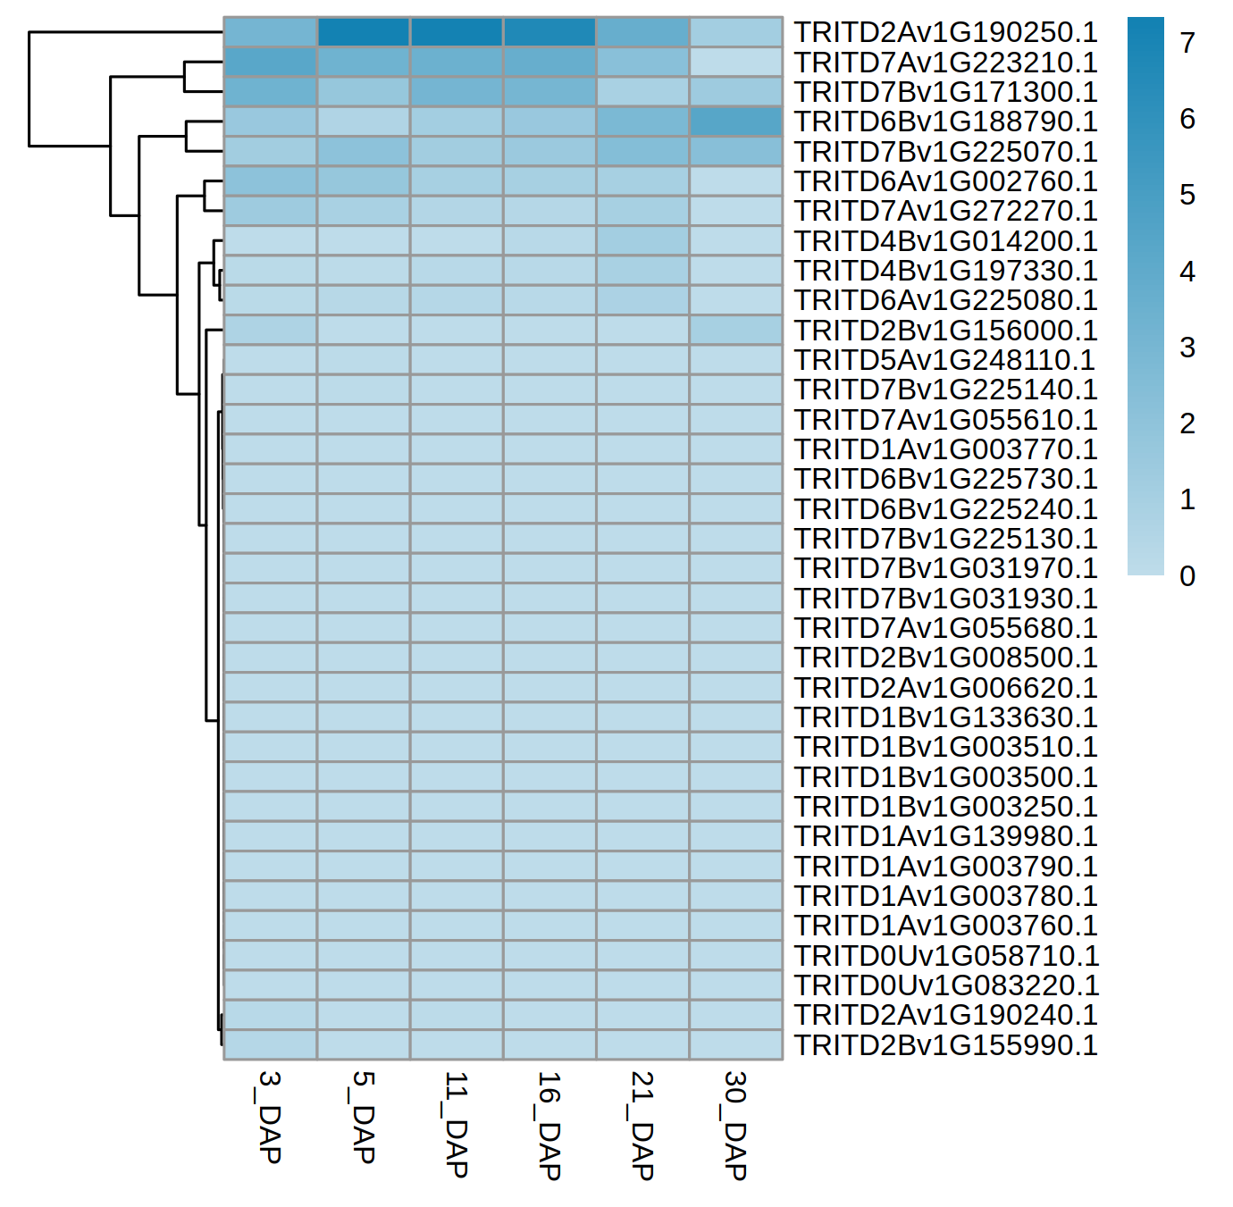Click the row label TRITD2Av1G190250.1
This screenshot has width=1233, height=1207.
945,32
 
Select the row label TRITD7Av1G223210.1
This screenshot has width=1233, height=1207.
945,63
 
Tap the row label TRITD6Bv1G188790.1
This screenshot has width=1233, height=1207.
945,122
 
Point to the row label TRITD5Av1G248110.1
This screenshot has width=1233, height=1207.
944,360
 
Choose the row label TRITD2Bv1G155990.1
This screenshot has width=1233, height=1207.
945,1044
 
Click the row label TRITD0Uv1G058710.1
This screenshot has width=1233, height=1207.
946,955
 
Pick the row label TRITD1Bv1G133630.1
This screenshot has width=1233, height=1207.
945,717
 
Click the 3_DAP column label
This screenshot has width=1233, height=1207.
270,1117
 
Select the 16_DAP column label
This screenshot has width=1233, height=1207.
549,1126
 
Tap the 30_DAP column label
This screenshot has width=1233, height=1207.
734,1126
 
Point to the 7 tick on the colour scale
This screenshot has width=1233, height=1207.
1187,43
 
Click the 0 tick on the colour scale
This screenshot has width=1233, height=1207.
1187,576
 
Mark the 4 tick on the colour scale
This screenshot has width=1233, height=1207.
1187,272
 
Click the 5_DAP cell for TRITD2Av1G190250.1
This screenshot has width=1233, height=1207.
364,32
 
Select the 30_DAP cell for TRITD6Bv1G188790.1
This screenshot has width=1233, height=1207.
735,122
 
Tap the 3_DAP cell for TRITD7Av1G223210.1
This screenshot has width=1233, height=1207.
271,63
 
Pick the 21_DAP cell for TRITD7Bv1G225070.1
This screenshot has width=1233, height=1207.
642,151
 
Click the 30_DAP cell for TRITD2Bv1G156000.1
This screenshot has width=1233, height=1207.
735,330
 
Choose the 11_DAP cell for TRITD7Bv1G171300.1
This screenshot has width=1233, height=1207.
457,92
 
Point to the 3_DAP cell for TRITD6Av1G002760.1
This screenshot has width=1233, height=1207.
271,181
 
